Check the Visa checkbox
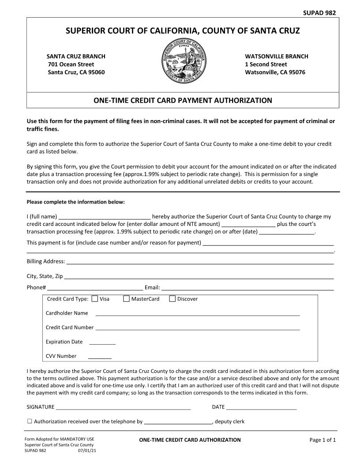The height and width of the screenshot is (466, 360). (95, 299)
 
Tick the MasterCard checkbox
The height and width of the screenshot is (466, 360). (127, 299)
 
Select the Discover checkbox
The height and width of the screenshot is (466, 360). (172, 299)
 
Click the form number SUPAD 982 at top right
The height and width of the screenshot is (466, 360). (320, 13)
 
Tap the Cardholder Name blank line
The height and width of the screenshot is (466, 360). (198, 314)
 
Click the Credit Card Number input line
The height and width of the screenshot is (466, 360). (198, 328)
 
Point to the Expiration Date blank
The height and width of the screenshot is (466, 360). (102, 342)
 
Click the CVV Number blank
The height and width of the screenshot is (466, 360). (100, 357)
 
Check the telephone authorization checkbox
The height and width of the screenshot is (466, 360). (30, 421)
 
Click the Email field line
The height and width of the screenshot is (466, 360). (247, 289)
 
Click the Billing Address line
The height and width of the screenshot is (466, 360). (199, 263)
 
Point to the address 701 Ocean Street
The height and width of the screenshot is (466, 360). (71, 64)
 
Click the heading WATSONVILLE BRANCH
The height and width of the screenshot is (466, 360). (277, 56)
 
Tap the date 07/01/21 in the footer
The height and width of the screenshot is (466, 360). (87, 451)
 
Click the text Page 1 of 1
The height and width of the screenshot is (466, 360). (322, 440)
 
